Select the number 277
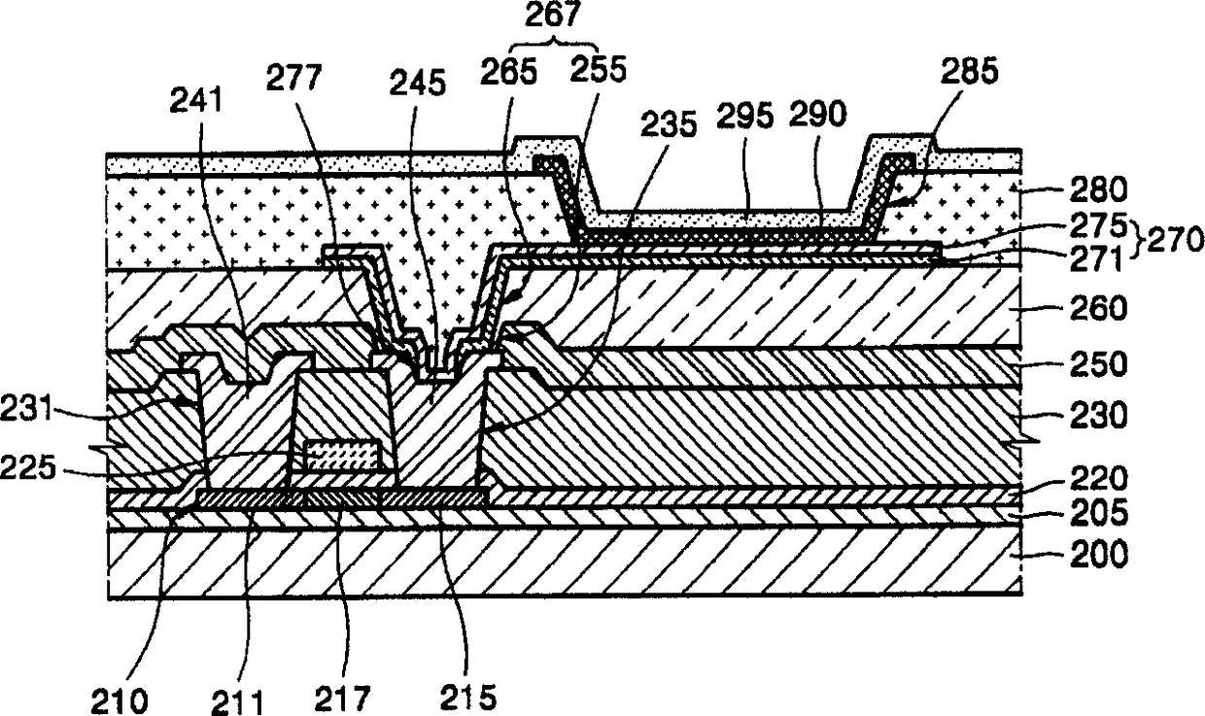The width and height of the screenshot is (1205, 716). click(295, 80)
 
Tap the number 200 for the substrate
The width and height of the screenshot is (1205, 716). click(1097, 555)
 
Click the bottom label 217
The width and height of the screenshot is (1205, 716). click(346, 699)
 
